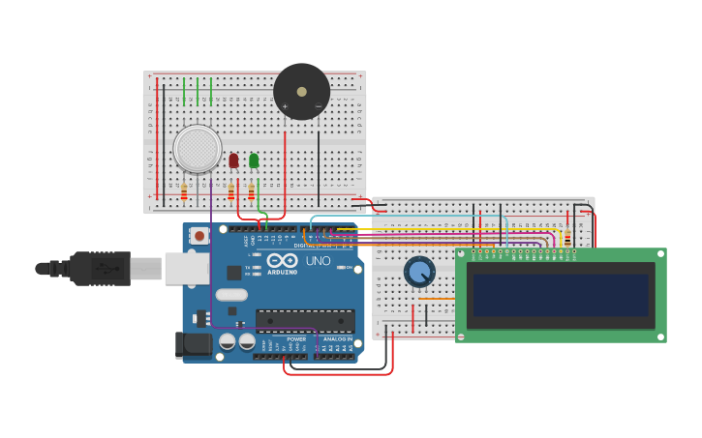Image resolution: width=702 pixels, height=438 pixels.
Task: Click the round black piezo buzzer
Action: [x=301, y=91]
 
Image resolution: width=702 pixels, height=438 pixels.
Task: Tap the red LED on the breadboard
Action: [x=233, y=161]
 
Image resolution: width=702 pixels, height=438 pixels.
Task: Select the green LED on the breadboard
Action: [x=254, y=161]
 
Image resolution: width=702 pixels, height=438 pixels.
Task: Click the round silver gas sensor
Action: [x=198, y=149]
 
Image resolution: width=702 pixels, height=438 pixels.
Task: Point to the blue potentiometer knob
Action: [x=419, y=272]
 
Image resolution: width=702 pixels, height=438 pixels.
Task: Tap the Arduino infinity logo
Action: [x=282, y=260]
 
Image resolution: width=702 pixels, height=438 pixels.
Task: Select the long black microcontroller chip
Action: [x=304, y=320]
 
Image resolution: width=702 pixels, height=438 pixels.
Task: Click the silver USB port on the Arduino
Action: [x=186, y=269]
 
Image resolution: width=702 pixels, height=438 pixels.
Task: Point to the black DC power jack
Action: [x=193, y=344]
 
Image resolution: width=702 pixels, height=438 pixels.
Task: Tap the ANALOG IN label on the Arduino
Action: [x=337, y=339]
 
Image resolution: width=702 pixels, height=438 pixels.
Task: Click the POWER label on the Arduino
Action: [x=296, y=339]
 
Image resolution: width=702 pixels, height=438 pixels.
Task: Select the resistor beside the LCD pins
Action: [x=566, y=238]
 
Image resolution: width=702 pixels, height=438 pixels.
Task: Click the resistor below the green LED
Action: [x=251, y=191]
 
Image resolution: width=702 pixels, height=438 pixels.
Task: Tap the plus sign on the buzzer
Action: [x=285, y=105]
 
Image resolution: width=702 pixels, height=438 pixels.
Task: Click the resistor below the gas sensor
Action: [x=184, y=191]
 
